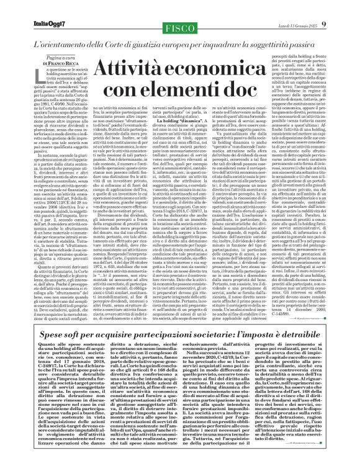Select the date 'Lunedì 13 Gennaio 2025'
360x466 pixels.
coord(310,7)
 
